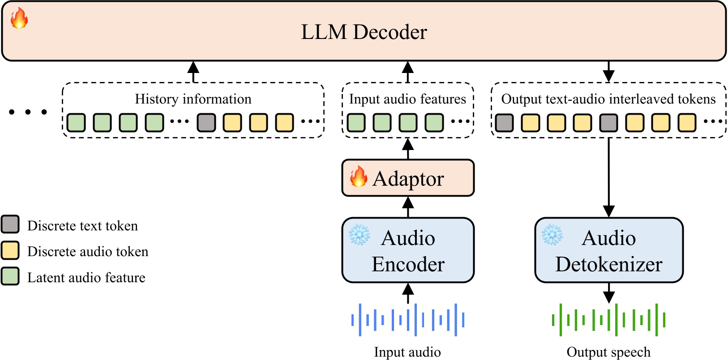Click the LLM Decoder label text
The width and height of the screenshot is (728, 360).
pos(364,32)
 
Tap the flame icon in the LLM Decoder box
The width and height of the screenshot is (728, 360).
pos(19,18)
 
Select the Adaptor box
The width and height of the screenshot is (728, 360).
pos(408,178)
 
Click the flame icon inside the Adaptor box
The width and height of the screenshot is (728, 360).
pos(358,176)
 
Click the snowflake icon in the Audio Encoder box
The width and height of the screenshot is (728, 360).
pos(359,235)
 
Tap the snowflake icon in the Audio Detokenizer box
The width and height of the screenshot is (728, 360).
pos(552,235)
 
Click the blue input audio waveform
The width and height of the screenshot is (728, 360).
pos(408,320)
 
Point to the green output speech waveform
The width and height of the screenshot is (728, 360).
pos(608,320)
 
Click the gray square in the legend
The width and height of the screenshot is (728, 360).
pos(10,225)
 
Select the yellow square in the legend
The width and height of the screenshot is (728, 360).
pos(10,251)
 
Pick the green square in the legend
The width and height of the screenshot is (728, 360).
pos(10,277)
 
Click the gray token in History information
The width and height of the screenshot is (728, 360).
pos(206,122)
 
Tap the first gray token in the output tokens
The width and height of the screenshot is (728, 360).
pos(504,122)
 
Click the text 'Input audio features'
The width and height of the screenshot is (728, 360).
pos(407,99)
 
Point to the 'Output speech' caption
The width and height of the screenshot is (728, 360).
pos(608,352)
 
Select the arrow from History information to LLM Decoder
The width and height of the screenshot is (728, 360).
pos(193,72)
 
